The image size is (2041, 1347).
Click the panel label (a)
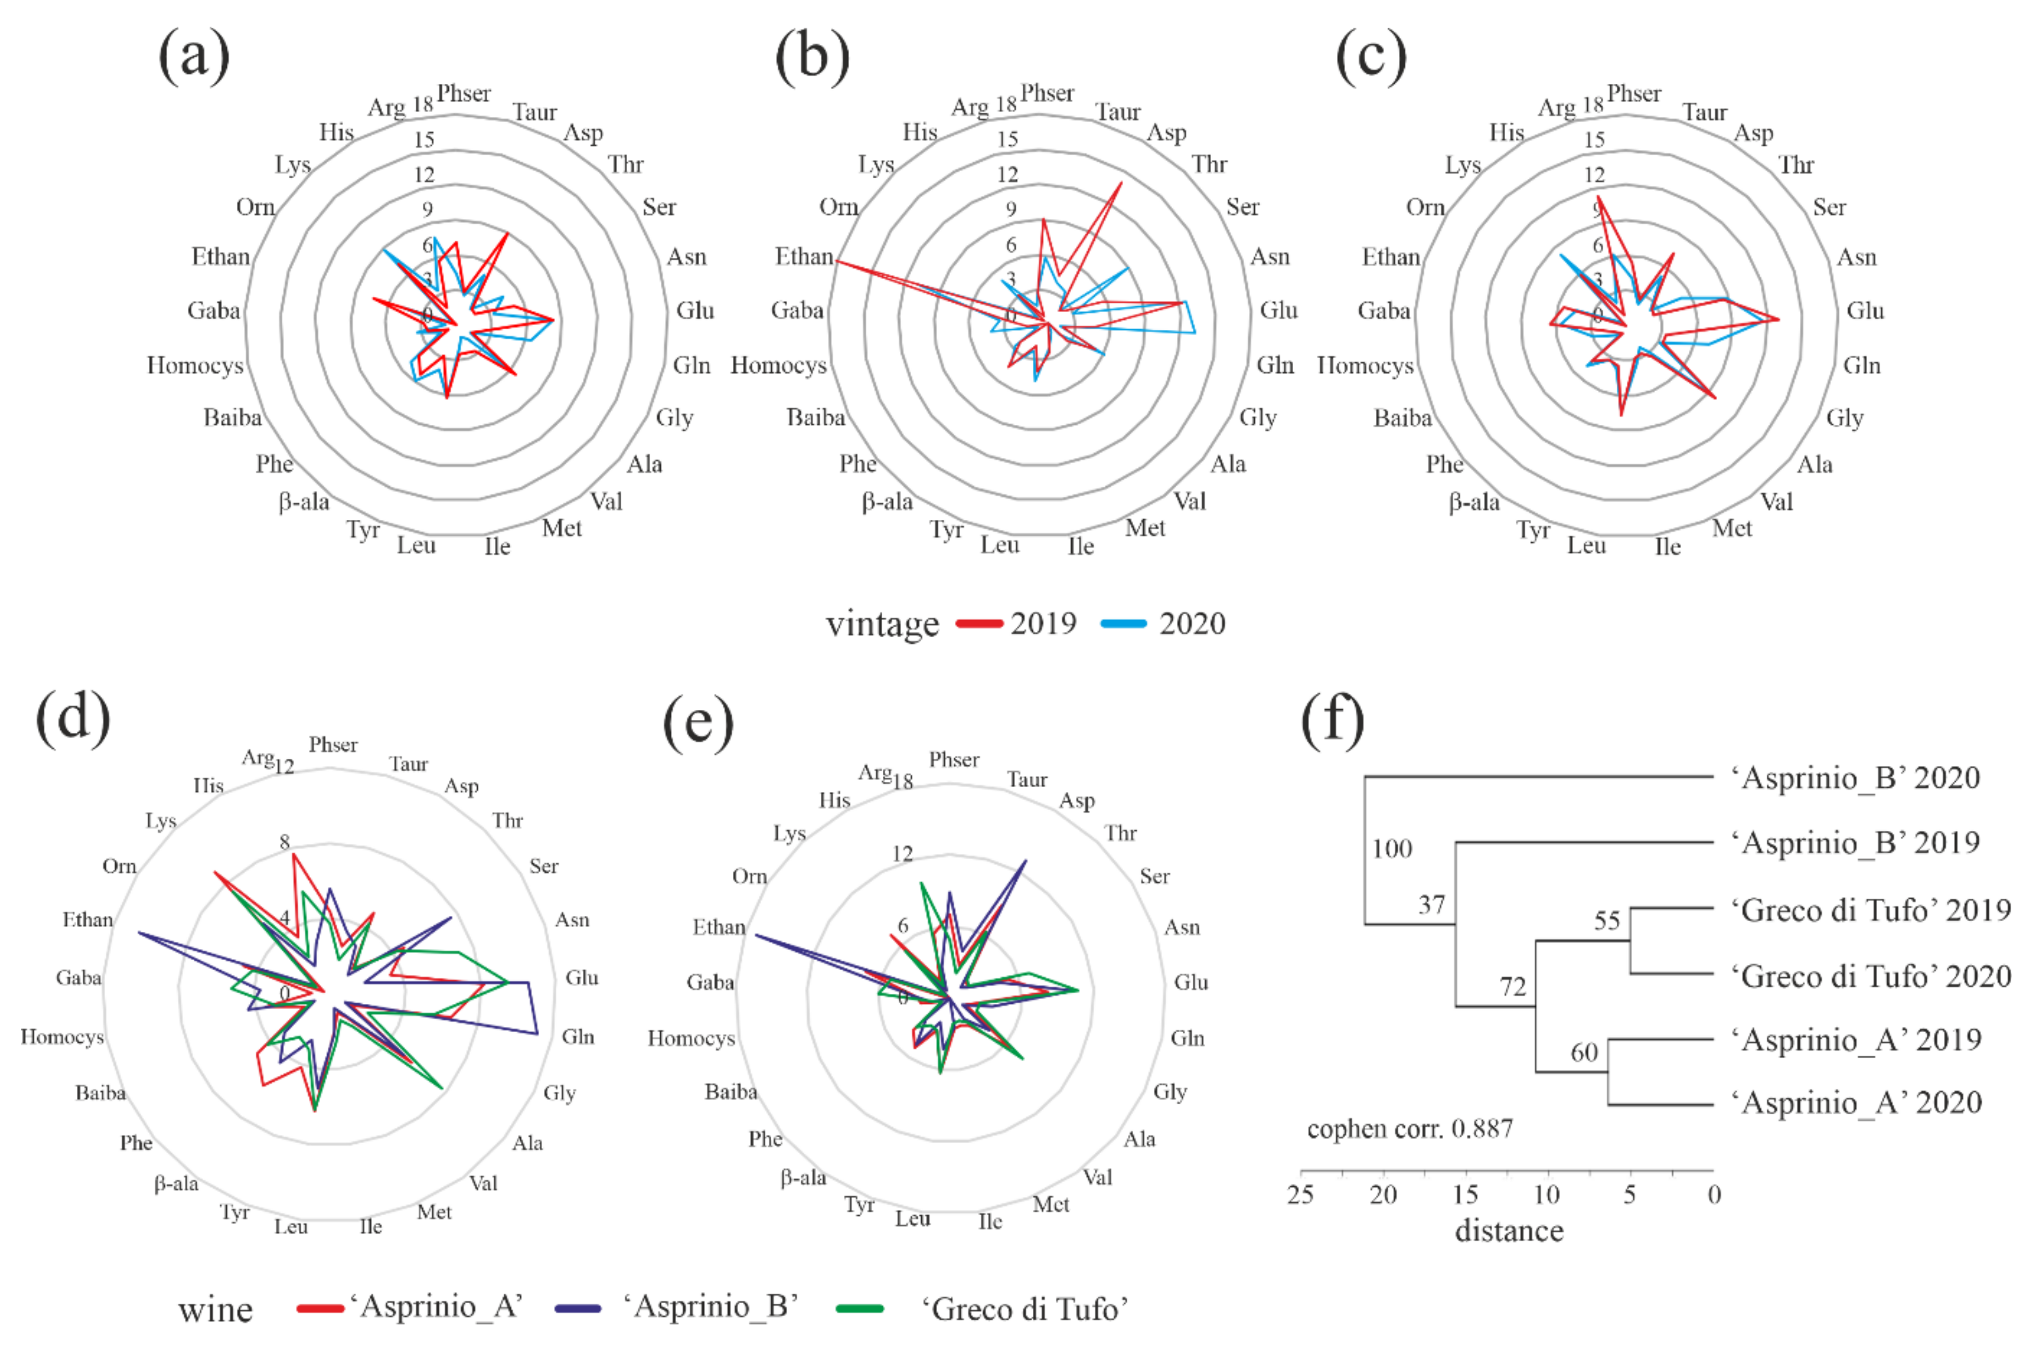click(x=194, y=56)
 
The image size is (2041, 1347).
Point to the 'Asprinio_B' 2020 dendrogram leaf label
click(x=1855, y=778)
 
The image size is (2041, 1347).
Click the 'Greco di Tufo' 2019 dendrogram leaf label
click(x=1870, y=910)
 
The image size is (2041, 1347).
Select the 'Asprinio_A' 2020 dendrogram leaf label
click(x=1855, y=1103)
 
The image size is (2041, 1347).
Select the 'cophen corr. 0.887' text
click(x=1410, y=1129)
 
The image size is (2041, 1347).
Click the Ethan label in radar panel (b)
click(x=804, y=256)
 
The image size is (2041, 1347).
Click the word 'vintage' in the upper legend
click(x=882, y=624)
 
